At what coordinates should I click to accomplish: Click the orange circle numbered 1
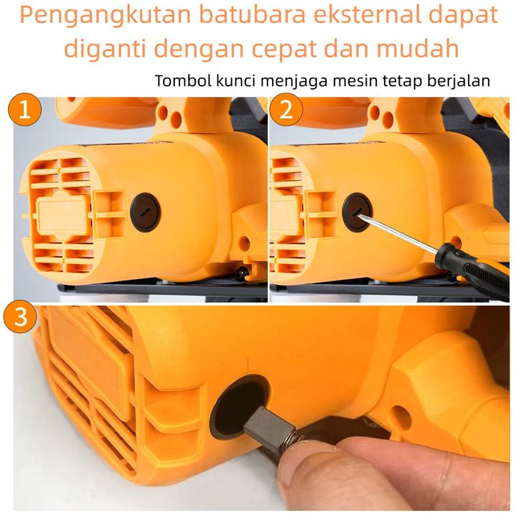pyautogui.click(x=24, y=110)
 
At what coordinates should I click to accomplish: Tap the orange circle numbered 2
pyautogui.click(x=286, y=110)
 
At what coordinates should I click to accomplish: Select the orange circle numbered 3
pyautogui.click(x=20, y=316)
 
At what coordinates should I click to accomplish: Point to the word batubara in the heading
pyautogui.click(x=253, y=14)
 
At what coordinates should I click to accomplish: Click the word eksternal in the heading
pyautogui.click(x=367, y=14)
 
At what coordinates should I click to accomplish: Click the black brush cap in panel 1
pyautogui.click(x=145, y=212)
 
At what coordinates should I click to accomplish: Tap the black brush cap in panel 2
pyautogui.click(x=357, y=212)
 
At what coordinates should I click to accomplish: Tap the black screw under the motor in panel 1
pyautogui.click(x=242, y=273)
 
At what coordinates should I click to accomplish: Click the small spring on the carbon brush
pyautogui.click(x=290, y=443)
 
